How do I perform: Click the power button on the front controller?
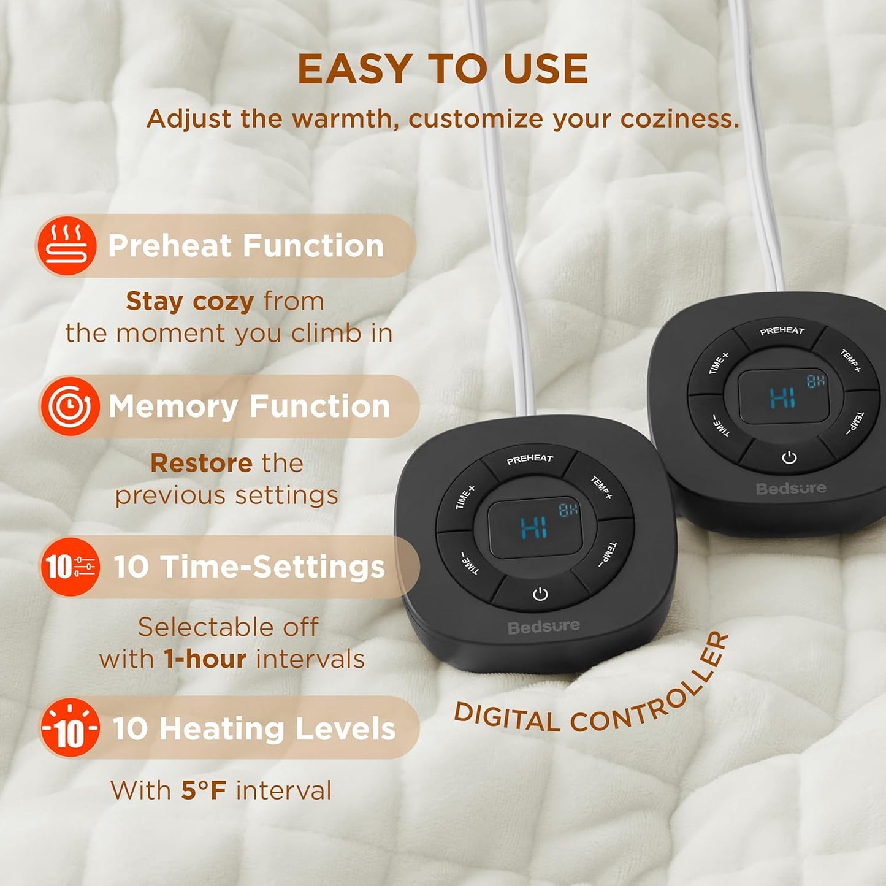point(540,594)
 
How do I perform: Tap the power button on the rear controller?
point(789,457)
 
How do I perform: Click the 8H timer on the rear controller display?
point(816,381)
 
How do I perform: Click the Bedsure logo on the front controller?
point(543,627)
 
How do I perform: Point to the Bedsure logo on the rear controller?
point(792,488)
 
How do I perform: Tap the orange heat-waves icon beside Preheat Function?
point(67,246)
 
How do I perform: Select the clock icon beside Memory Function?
point(69,407)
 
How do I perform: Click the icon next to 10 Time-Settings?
point(69,567)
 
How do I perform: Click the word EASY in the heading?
point(353,69)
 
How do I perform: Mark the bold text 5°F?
point(204,790)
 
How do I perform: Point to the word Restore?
point(201,463)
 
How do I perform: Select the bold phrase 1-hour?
point(205,659)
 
